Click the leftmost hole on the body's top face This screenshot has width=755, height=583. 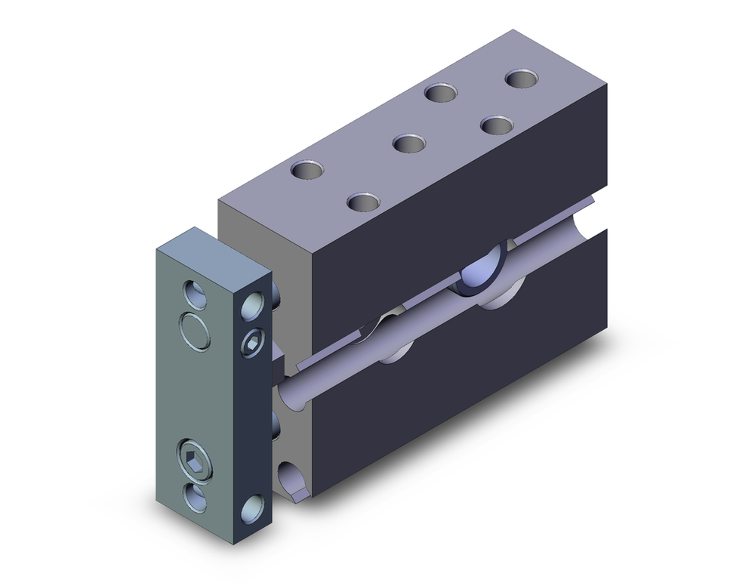[x=308, y=170]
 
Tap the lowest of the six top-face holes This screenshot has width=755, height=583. [x=364, y=202]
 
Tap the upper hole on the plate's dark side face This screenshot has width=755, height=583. [x=252, y=307]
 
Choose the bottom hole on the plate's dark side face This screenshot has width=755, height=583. [x=253, y=509]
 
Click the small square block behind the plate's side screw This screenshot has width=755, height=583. [x=277, y=363]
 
